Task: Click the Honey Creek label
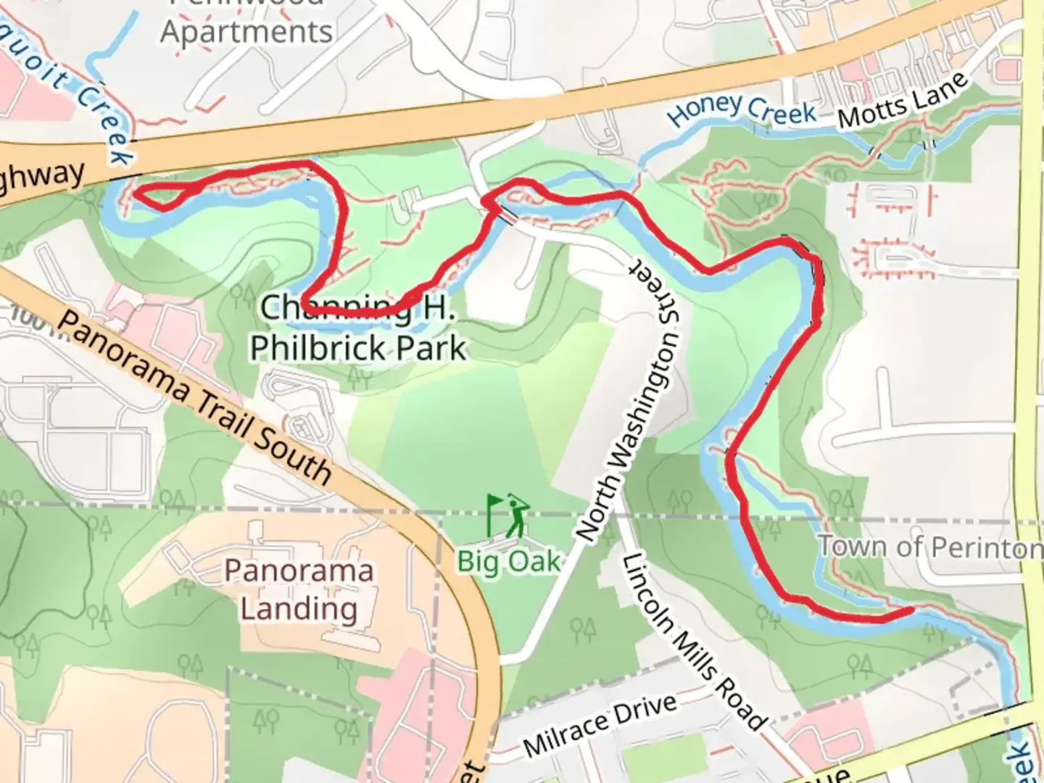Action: tap(741, 112)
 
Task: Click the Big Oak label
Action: tap(509, 560)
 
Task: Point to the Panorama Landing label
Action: tap(299, 589)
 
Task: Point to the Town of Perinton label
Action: tap(930, 547)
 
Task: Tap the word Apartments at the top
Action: tap(246, 32)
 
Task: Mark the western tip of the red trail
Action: tap(136, 193)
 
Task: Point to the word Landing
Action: tap(299, 608)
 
